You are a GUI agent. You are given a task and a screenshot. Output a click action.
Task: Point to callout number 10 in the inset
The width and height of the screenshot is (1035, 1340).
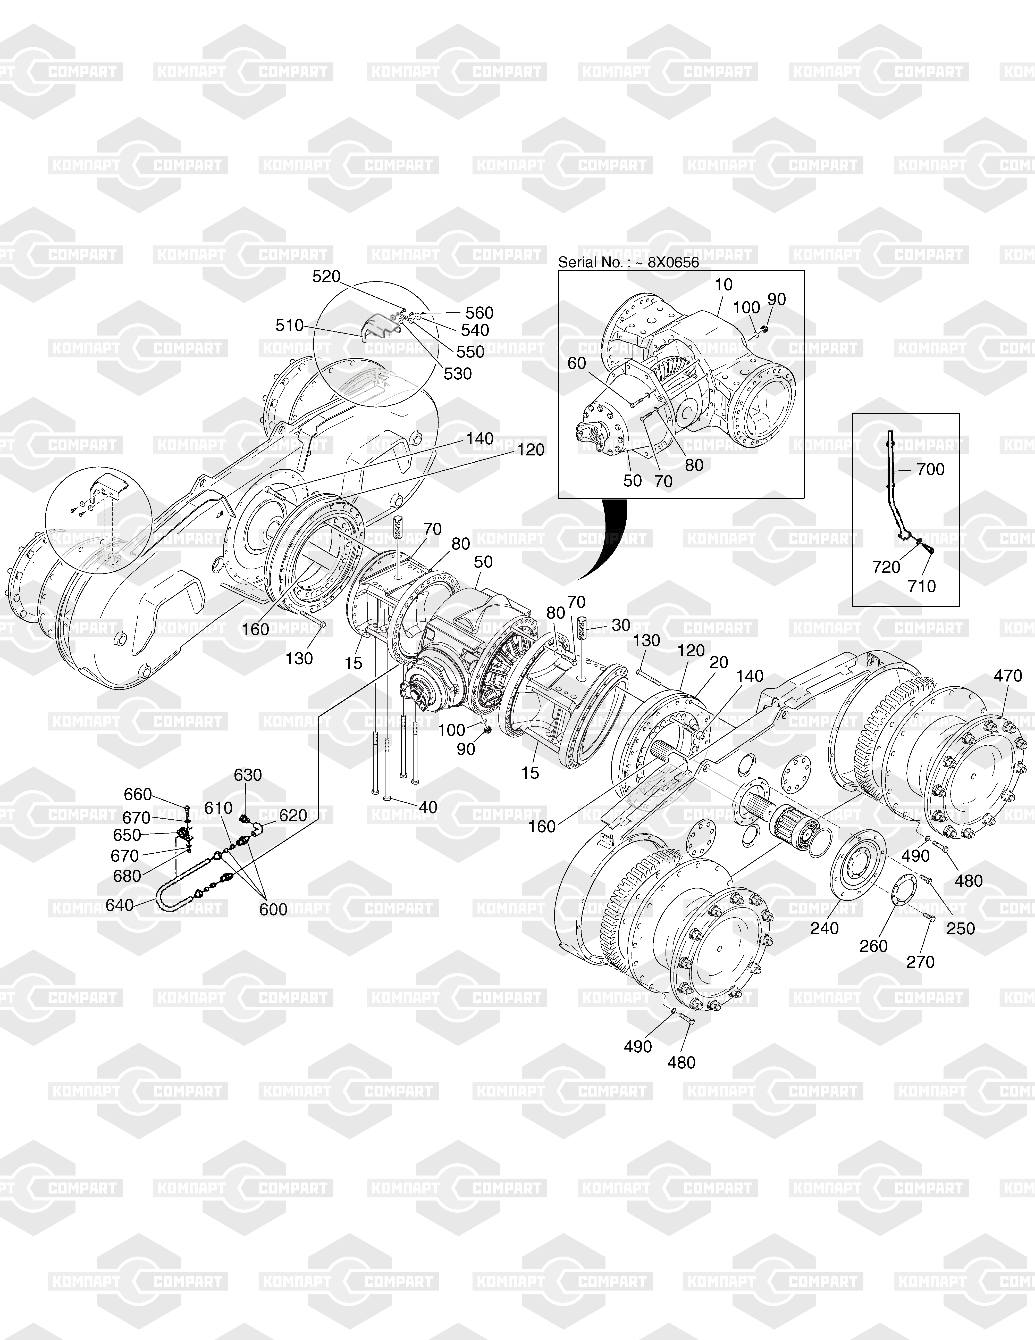724,285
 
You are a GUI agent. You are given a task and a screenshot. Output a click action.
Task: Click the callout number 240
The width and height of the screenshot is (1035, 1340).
824,928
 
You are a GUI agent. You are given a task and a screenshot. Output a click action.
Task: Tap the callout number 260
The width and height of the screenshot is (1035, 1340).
874,946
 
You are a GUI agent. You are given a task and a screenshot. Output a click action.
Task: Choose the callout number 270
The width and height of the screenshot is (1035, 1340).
920,962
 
